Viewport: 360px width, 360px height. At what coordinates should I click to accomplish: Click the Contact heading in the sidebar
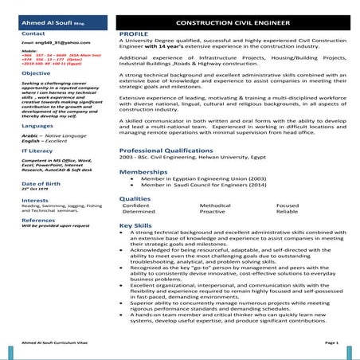click(x=33, y=34)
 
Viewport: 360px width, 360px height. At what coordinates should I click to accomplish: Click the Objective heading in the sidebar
click(x=37, y=72)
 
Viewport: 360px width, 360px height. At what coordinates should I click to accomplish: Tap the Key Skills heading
click(x=136, y=225)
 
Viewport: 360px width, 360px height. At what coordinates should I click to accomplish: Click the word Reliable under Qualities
click(x=287, y=212)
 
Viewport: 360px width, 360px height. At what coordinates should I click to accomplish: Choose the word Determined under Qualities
click(x=139, y=212)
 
